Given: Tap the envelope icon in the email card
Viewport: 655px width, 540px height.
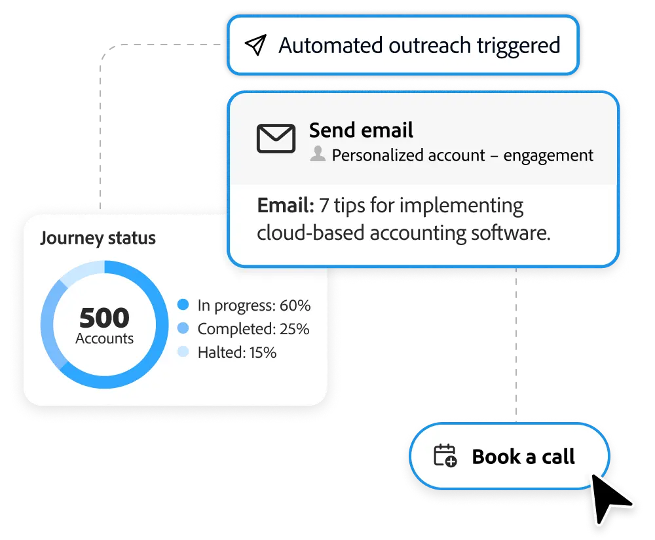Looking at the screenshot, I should coord(276,138).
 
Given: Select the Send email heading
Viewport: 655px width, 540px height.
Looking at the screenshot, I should coord(361,130).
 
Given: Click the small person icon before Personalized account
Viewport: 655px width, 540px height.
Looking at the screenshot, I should coord(318,155).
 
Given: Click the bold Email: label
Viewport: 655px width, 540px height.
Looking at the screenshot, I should coord(286,206).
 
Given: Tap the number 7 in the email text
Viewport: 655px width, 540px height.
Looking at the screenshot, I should coord(325,206).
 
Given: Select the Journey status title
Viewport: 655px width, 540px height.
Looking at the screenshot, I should coord(98,237).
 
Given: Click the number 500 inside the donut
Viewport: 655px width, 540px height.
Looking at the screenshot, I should coord(104,318).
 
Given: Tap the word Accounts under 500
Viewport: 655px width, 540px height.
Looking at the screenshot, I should coord(104,339).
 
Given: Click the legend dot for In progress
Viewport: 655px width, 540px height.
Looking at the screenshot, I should coord(183,305).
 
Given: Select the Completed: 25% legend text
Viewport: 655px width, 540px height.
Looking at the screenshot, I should coord(253,329).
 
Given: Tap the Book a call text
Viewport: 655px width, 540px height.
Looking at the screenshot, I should coord(523,456).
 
